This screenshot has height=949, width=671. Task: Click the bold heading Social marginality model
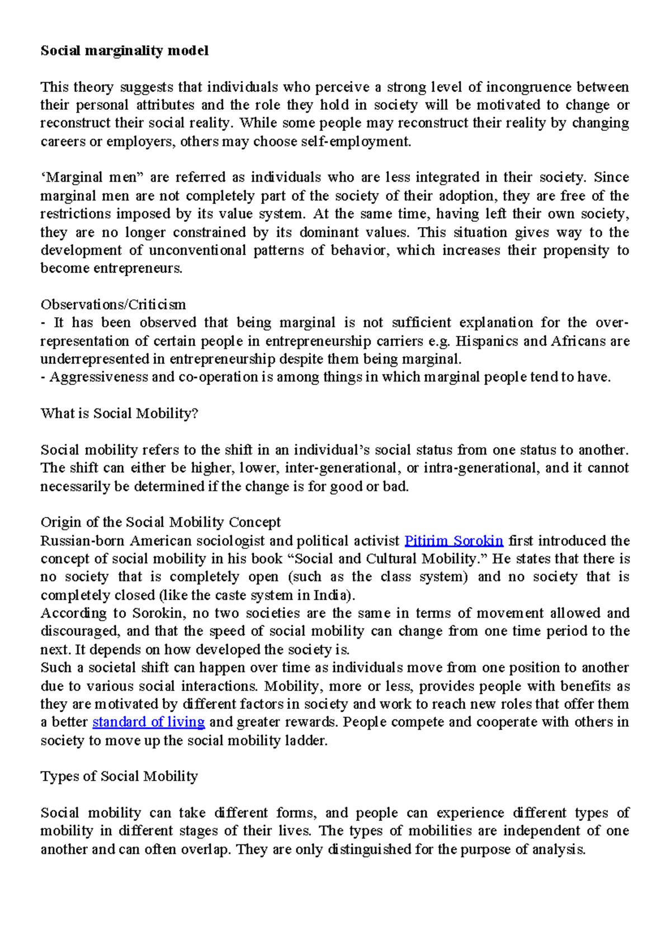pos(124,51)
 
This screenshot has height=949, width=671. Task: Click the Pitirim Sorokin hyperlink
pos(453,541)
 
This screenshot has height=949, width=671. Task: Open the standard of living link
pos(148,722)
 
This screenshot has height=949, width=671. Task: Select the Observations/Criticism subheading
pos(113,305)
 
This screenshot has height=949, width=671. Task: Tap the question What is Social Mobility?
pos(119,414)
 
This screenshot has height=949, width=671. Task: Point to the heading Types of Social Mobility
pos(119,777)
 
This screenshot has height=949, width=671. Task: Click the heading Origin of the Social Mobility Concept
pos(160,523)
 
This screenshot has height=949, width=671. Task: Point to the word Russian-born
pos(83,541)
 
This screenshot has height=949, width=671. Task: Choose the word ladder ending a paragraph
pos(306,741)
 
